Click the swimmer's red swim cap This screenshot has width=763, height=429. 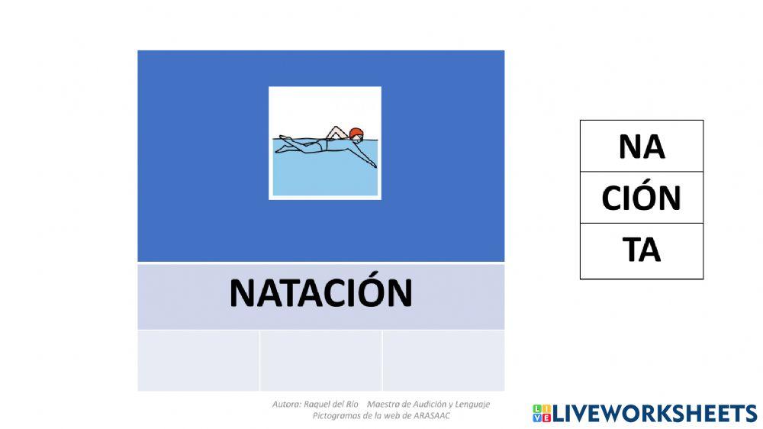pyautogui.click(x=356, y=134)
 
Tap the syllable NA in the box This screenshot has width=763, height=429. pyautogui.click(x=642, y=147)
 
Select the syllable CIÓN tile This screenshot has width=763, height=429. pyautogui.click(x=642, y=198)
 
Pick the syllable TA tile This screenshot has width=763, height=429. pyautogui.click(x=642, y=250)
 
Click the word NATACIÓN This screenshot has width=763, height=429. pyautogui.click(x=320, y=293)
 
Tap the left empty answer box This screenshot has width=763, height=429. pyautogui.click(x=198, y=360)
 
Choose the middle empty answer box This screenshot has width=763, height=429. pyautogui.click(x=320, y=360)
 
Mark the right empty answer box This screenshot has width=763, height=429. pyautogui.click(x=443, y=360)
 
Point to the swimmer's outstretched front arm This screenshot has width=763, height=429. pyautogui.click(x=365, y=156)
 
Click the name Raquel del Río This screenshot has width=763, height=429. pyautogui.click(x=330, y=404)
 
